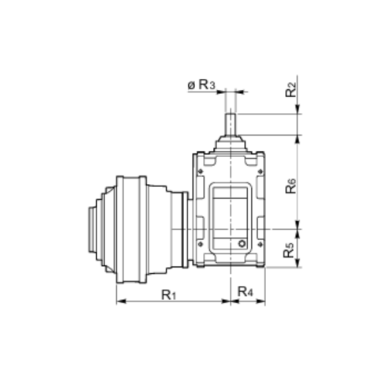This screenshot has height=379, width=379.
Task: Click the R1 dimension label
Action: pyautogui.click(x=169, y=295)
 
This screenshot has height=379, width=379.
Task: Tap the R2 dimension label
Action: pyautogui.click(x=291, y=90)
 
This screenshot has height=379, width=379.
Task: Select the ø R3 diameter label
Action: pyautogui.click(x=201, y=84)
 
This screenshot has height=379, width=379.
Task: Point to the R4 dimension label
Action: pyautogui.click(x=246, y=291)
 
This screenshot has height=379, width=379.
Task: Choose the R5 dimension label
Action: pyautogui.click(x=289, y=250)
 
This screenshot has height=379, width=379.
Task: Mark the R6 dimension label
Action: pyautogui.click(x=291, y=186)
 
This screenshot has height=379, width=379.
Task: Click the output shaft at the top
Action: pyautogui.click(x=231, y=124)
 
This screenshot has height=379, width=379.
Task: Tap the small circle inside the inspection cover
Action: pyautogui.click(x=242, y=243)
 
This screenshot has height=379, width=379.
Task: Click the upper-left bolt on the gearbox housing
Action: pyautogui.click(x=201, y=171)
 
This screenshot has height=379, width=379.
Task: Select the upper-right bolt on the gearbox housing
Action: pyautogui.click(x=261, y=171)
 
